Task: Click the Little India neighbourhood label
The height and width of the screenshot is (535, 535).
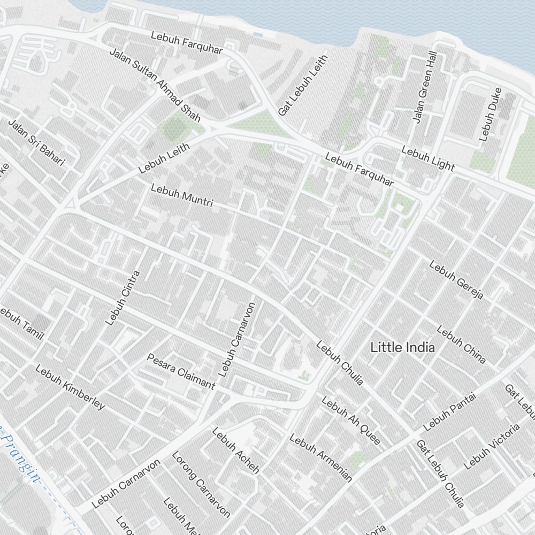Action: (402, 347)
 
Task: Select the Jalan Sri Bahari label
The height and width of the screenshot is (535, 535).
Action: (36, 142)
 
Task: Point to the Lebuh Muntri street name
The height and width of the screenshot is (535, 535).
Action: (182, 196)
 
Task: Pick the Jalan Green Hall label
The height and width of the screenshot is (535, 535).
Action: (425, 87)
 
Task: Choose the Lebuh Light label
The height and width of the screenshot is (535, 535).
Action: (428, 159)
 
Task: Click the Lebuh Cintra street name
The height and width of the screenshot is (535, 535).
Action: (123, 298)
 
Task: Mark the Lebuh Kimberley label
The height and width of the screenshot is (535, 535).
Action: (70, 387)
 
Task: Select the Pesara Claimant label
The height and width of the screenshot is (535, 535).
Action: (181, 371)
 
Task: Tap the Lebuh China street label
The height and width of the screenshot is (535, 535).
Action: (461, 344)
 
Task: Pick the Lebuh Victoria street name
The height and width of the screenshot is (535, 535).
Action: (492, 446)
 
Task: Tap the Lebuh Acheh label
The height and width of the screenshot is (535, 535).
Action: (236, 450)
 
